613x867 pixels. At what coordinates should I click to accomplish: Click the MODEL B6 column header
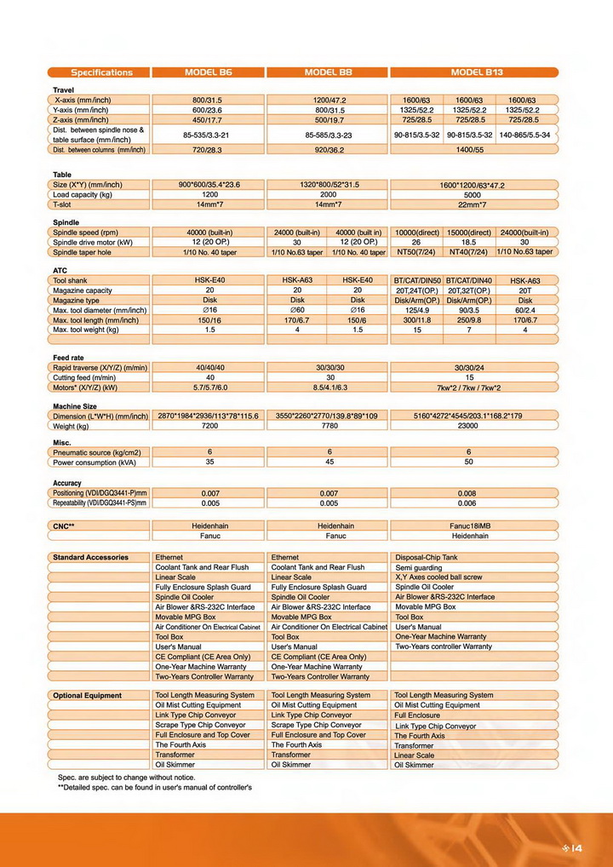click(208, 72)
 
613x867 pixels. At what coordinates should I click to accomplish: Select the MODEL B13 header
click(473, 72)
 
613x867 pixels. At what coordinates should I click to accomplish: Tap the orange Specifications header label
click(101, 72)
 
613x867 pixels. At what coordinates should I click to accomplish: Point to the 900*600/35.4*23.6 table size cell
click(209, 185)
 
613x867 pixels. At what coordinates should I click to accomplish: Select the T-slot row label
click(62, 204)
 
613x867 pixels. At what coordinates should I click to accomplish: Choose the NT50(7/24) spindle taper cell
click(417, 252)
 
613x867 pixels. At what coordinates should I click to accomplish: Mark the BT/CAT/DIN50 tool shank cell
click(417, 280)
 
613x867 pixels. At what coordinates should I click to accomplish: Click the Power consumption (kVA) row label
click(94, 462)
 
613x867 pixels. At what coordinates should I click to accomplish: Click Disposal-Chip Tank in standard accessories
click(427, 558)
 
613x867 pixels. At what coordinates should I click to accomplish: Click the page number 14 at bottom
click(576, 847)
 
